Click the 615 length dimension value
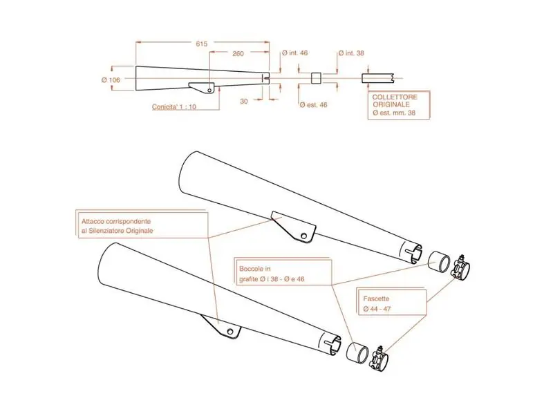pyautogui.click(x=202, y=44)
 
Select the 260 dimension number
pyautogui.click(x=238, y=54)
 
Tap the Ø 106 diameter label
pyautogui.click(x=111, y=80)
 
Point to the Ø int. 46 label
pyautogui.click(x=295, y=53)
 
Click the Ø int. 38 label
pyautogui.click(x=351, y=53)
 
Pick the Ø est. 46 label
pyautogui.click(x=314, y=105)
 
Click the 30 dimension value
pyautogui.click(x=244, y=101)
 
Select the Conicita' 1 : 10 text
pyautogui.click(x=174, y=107)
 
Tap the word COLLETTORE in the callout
pyautogui.click(x=395, y=97)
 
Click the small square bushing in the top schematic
pyautogui.click(x=316, y=78)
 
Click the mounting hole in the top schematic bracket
pyautogui.click(x=209, y=91)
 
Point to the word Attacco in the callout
pyautogui.click(x=93, y=221)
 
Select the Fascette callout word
pyautogui.click(x=376, y=298)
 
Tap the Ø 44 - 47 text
pyautogui.click(x=377, y=309)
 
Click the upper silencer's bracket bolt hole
pyautogui.click(x=303, y=236)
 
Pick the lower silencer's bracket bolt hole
pyautogui.click(x=230, y=332)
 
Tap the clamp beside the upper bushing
pyautogui.click(x=460, y=267)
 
